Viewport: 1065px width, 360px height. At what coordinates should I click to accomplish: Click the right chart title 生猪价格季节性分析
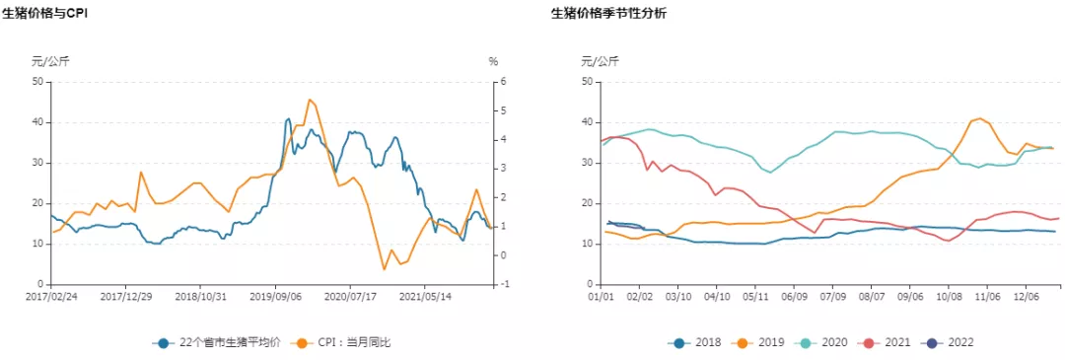point(608,14)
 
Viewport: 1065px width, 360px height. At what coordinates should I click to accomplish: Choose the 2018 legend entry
point(698,342)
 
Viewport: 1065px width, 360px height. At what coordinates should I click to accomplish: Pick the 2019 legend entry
point(761,342)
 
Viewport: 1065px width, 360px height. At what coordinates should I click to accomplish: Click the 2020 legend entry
point(824,342)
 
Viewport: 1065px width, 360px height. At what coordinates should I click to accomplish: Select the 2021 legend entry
point(887,342)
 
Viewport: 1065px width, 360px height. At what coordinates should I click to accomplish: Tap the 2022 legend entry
point(951,342)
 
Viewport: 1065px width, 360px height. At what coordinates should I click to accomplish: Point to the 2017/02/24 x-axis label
point(50,295)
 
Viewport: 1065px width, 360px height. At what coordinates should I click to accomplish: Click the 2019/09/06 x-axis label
point(275,295)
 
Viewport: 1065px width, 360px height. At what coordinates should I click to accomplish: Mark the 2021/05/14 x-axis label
point(425,295)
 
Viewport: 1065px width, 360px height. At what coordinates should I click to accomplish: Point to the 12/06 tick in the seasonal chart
point(1027,295)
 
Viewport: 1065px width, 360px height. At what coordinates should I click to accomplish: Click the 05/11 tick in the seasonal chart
point(755,295)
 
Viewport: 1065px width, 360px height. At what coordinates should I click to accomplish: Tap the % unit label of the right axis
point(493,61)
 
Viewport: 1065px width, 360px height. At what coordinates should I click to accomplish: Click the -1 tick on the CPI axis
point(506,285)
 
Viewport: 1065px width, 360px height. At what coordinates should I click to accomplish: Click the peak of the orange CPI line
point(310,100)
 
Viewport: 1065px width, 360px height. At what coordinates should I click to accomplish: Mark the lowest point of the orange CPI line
point(385,269)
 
